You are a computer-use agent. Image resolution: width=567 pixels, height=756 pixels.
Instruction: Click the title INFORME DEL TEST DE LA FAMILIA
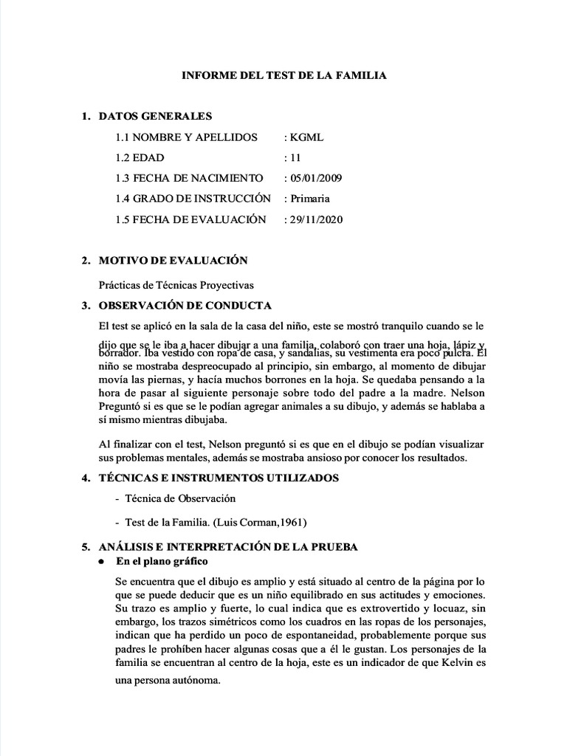(284, 75)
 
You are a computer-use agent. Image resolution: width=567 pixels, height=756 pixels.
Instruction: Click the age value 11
(295, 158)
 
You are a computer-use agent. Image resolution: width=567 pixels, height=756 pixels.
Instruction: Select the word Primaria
(310, 199)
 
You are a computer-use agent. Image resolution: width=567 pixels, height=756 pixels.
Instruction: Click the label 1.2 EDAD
(140, 158)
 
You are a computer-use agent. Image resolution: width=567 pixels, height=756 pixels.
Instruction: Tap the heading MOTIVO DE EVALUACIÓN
(173, 260)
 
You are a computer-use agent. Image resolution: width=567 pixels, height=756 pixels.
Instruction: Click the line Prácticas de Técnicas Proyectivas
(182, 285)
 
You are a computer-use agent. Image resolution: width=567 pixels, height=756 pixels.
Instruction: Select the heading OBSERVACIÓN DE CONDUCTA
(185, 306)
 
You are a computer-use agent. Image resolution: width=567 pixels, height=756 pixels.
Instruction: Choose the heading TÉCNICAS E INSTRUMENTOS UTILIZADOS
(219, 478)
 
